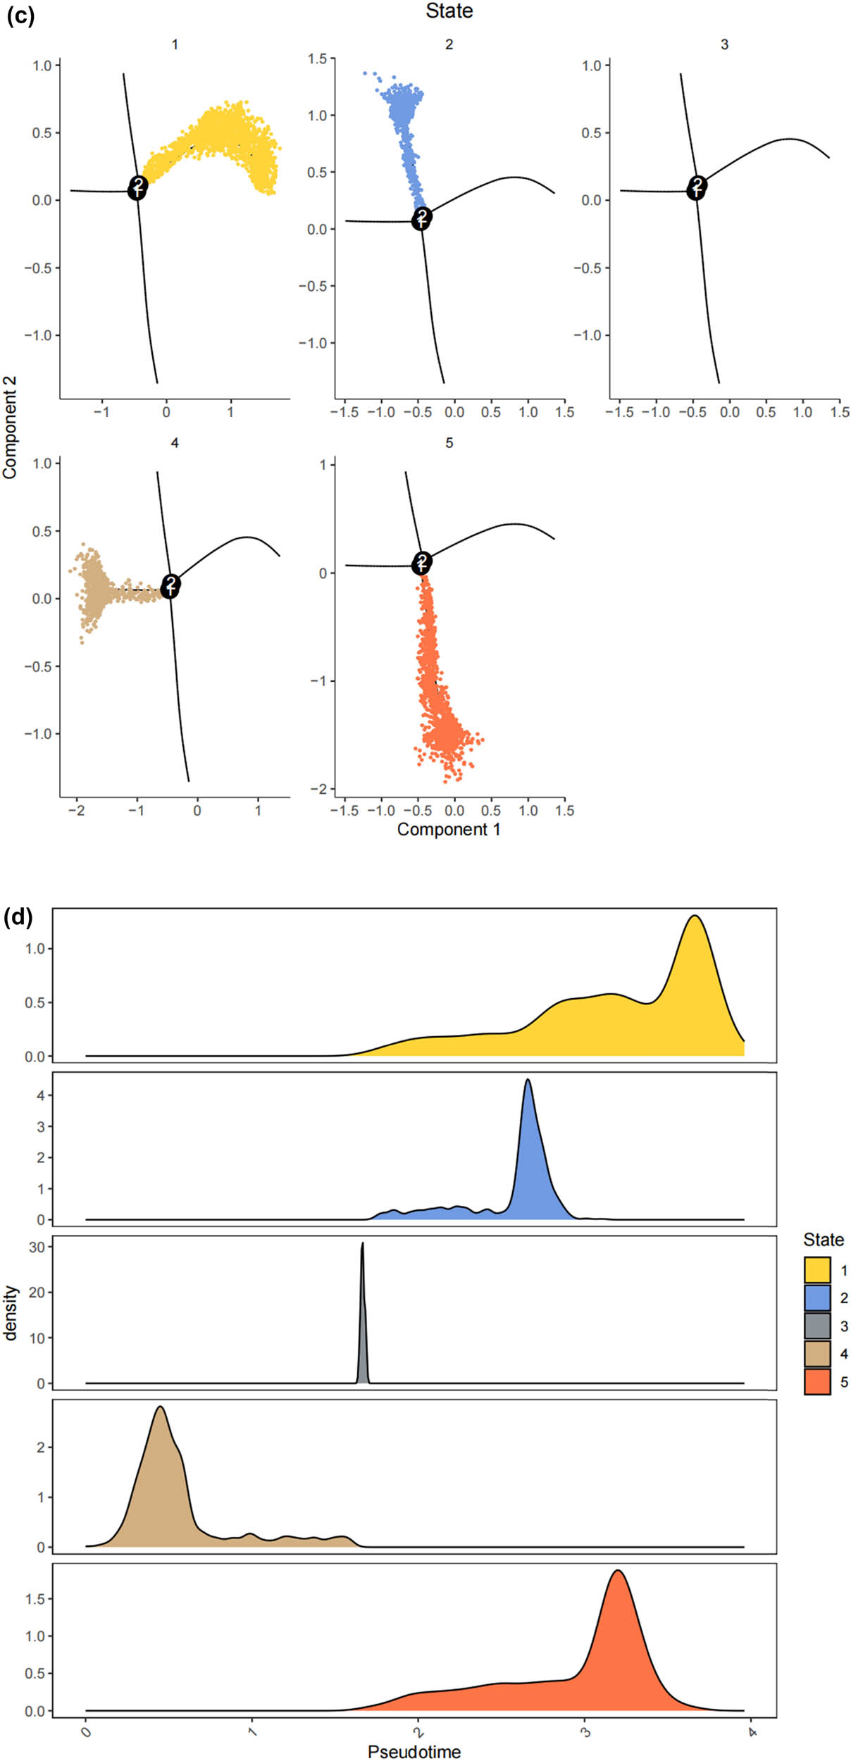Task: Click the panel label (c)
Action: coord(20,15)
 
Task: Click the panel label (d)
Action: coord(18,916)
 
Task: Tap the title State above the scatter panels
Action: coord(449,11)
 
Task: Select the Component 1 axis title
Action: coord(449,829)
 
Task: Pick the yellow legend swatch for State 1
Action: coord(816,1270)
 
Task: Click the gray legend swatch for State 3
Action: coord(816,1326)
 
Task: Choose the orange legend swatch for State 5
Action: coord(816,1381)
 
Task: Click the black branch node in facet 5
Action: coord(421,563)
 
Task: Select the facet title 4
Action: coord(175,442)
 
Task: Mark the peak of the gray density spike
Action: coord(363,1243)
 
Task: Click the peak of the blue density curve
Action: coord(528,1081)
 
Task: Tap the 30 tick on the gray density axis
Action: coord(37,1247)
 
